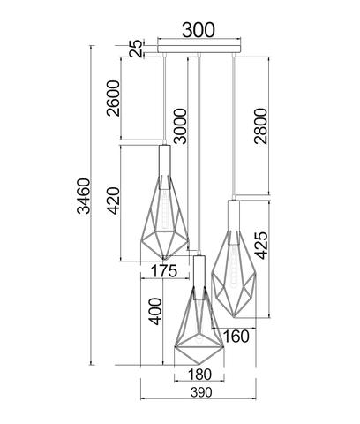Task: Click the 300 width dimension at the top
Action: pos(199,28)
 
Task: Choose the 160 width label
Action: pos(236,337)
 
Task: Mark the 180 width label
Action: pos(200,375)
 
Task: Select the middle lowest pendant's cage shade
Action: pos(199,327)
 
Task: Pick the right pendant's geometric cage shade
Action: pos(236,274)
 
